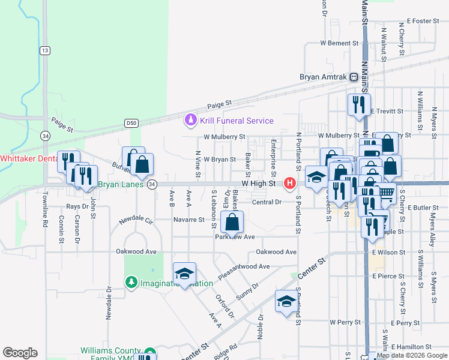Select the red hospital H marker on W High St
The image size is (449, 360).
pyautogui.click(x=291, y=182)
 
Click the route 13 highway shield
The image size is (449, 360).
pyautogui.click(x=45, y=50)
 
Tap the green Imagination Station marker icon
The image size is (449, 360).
pyautogui.click(x=131, y=282)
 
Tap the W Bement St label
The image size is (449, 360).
pyautogui.click(x=339, y=43)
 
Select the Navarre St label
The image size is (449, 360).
pyautogui.click(x=189, y=220)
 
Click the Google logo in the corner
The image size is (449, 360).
pyautogui.click(x=20, y=353)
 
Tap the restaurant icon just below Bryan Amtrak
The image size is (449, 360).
pyautogui.click(x=359, y=104)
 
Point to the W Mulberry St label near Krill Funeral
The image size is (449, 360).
pyautogui.click(x=224, y=137)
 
